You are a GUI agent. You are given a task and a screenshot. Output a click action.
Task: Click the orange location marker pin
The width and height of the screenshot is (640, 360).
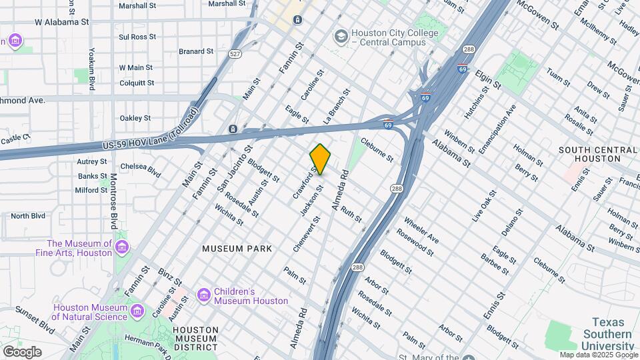point(320,159)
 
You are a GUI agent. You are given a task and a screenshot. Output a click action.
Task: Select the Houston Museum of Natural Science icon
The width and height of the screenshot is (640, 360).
point(138,311)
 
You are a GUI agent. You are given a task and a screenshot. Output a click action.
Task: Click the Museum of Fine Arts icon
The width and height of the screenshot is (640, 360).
point(121,248)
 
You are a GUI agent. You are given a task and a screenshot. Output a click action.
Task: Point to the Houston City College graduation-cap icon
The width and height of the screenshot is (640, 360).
point(341,35)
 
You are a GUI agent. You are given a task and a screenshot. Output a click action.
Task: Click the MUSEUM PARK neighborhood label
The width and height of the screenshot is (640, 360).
point(237,249)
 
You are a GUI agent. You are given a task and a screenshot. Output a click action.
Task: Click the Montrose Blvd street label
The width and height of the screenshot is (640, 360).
point(114,200)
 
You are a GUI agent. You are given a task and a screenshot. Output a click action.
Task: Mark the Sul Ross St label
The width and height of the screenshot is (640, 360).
point(137,37)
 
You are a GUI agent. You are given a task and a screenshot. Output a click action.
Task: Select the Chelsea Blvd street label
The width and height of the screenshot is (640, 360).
point(141,171)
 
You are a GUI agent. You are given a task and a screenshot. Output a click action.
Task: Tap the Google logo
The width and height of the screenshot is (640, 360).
point(22,351)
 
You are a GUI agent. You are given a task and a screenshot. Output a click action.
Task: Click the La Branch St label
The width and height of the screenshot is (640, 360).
point(337,107)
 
